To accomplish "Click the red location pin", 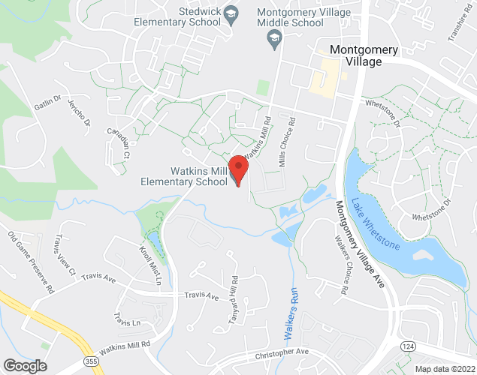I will tap(238, 169).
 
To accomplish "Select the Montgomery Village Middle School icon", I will tap(275, 37).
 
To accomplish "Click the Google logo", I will tap(25, 366).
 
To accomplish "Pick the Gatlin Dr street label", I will tap(47, 104).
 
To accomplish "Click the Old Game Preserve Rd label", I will tap(32, 262).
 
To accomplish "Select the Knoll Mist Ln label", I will tap(150, 263).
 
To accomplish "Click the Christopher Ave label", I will tap(281, 352).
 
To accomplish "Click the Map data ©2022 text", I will tap(444, 369).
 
